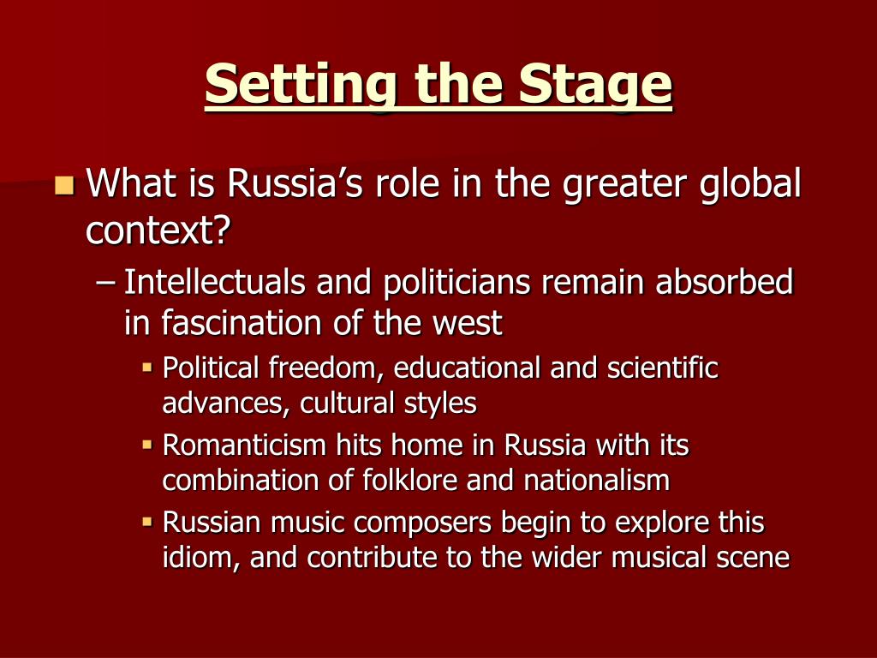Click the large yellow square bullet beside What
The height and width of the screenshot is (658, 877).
tap(63, 183)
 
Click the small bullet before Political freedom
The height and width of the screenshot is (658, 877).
tap(147, 368)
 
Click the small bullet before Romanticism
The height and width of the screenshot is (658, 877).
tap(147, 445)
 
